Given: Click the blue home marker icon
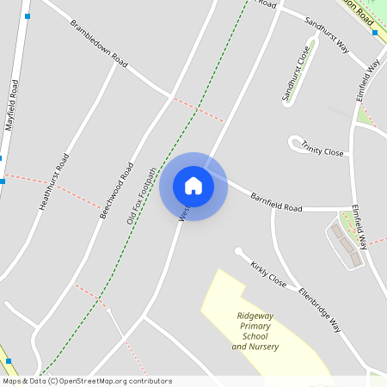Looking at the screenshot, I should (193, 186).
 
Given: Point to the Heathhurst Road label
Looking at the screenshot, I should (54, 181).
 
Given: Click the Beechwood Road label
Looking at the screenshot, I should (115, 189).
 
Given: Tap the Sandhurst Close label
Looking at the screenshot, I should (295, 74).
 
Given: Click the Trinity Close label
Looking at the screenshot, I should (322, 150).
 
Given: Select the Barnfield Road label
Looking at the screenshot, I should (276, 202).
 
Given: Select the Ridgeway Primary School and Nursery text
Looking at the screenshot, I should (255, 330).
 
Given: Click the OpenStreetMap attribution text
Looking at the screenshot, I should (86, 381).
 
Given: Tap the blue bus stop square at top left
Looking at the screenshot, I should (28, 16).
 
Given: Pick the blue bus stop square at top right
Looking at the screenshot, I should (375, 33).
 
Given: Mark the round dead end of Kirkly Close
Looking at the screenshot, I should (238, 251).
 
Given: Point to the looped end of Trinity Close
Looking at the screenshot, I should (296, 142).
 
